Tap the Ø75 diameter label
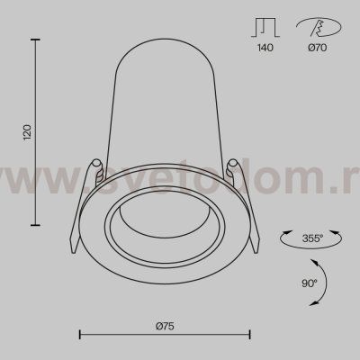pyautogui.click(x=165, y=321)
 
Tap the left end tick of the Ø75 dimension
pyautogui.click(x=81, y=335)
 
